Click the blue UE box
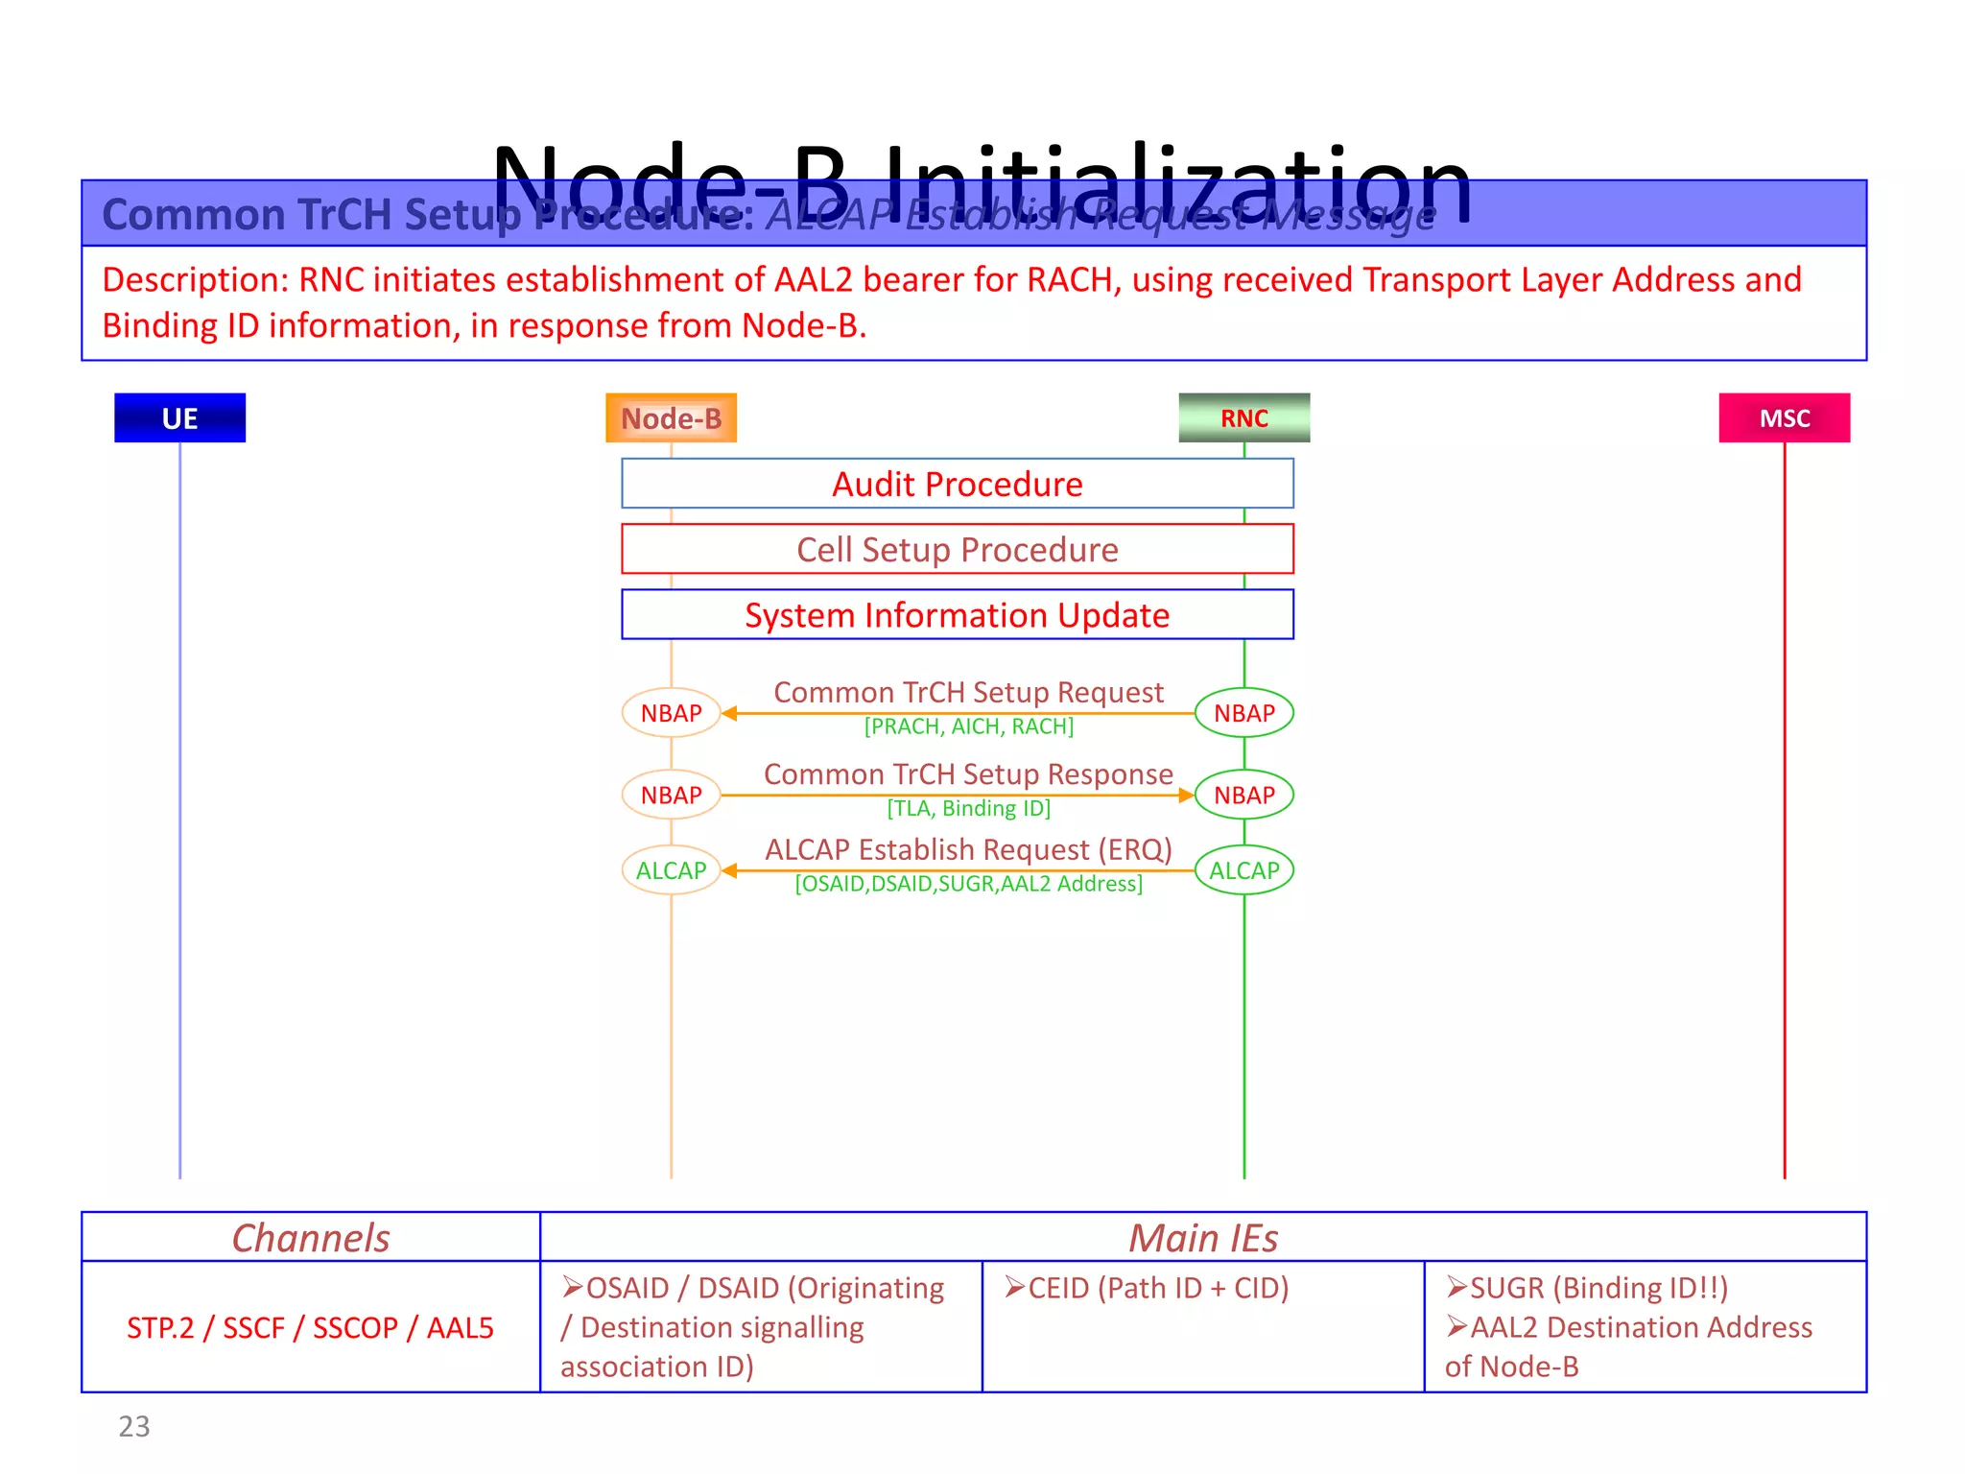[179, 417]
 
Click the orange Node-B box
[671, 417]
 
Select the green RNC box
[1243, 417]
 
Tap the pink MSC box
[1784, 417]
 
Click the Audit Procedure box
[957, 484]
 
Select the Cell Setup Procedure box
[957, 549]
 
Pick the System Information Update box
[957, 614]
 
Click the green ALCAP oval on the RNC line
[1243, 870]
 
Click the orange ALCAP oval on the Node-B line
[671, 870]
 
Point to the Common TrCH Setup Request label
[968, 692]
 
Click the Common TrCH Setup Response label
[968, 773]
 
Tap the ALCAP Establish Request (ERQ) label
[968, 849]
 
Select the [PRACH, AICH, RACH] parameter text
[968, 726]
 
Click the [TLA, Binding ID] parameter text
[968, 808]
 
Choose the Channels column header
[311, 1238]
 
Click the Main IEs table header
[1202, 1238]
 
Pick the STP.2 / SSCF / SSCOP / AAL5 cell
[310, 1327]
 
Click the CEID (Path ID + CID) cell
[1147, 1288]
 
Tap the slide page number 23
[134, 1426]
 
